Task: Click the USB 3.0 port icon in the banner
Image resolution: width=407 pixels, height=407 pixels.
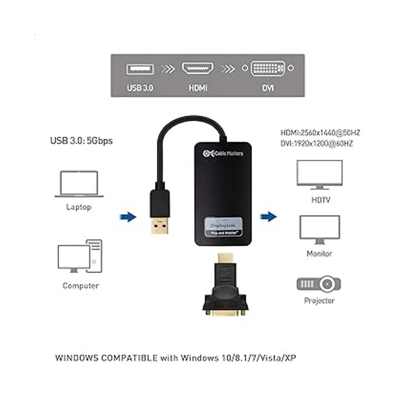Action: (x=140, y=69)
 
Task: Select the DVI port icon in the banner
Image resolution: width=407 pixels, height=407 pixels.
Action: (x=268, y=69)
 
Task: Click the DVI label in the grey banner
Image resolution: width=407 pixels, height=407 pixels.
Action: (x=268, y=88)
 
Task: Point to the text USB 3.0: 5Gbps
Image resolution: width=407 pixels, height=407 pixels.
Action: (x=81, y=140)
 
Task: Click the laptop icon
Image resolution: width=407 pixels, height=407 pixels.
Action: (x=79, y=184)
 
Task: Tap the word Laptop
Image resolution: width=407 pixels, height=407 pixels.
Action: (x=79, y=207)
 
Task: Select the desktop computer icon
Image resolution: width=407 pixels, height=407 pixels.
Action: (x=80, y=256)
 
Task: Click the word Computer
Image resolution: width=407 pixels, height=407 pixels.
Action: (x=81, y=286)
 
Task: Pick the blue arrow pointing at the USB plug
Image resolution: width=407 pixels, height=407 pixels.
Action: (x=128, y=217)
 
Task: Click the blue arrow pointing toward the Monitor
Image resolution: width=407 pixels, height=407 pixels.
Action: (x=268, y=216)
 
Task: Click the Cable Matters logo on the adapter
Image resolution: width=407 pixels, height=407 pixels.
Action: (x=223, y=153)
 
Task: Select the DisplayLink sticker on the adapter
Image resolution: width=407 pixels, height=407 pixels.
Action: (x=224, y=227)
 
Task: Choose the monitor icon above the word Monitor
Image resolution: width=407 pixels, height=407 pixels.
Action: (x=319, y=230)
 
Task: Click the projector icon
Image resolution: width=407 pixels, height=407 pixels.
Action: (x=319, y=284)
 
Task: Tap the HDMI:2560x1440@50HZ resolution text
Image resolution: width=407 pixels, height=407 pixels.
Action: (x=320, y=133)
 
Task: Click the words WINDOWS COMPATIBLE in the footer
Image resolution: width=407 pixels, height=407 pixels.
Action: (x=106, y=358)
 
